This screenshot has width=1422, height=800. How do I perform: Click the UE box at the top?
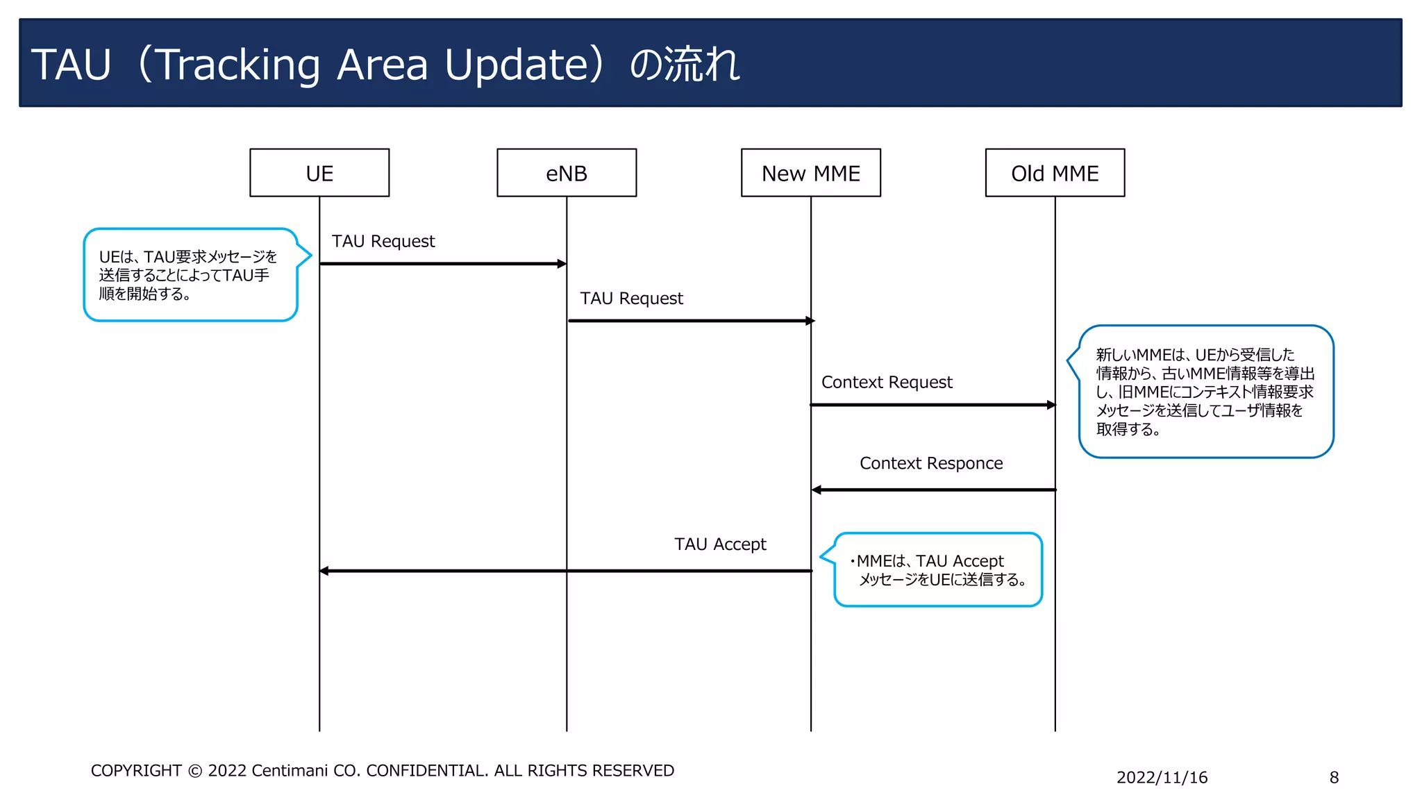click(x=319, y=173)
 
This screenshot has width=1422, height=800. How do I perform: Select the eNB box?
click(x=567, y=173)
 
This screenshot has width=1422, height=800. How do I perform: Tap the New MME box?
click(x=810, y=173)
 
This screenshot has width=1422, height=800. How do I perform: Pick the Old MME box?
click(x=1055, y=173)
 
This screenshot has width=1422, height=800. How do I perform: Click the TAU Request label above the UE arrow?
click(x=383, y=241)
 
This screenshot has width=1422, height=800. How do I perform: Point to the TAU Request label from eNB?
click(x=631, y=298)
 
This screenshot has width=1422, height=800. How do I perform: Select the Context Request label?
click(x=887, y=382)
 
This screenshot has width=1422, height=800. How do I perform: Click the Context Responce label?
click(x=931, y=463)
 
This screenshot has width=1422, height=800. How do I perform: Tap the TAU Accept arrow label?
click(x=720, y=544)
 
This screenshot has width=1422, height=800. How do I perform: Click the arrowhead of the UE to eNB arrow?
click(x=562, y=264)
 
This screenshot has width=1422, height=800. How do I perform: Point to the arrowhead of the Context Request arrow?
click(x=1051, y=405)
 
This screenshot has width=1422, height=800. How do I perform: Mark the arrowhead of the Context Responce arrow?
click(x=817, y=490)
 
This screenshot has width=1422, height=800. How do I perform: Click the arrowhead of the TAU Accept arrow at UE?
click(x=324, y=571)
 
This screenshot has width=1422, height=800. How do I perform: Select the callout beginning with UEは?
click(x=190, y=275)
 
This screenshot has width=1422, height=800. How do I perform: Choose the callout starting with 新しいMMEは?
click(x=1205, y=392)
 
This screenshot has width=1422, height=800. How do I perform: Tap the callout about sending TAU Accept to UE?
click(x=938, y=570)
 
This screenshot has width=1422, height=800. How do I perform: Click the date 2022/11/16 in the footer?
click(x=1162, y=778)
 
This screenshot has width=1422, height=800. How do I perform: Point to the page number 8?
click(x=1334, y=778)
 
